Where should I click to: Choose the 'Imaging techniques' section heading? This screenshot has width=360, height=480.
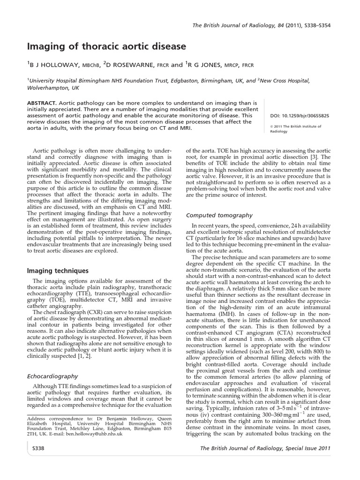(x=58, y=271)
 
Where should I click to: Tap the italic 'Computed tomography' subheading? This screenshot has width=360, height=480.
(x=219, y=216)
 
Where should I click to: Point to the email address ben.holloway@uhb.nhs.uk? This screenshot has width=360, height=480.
(x=94, y=434)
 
